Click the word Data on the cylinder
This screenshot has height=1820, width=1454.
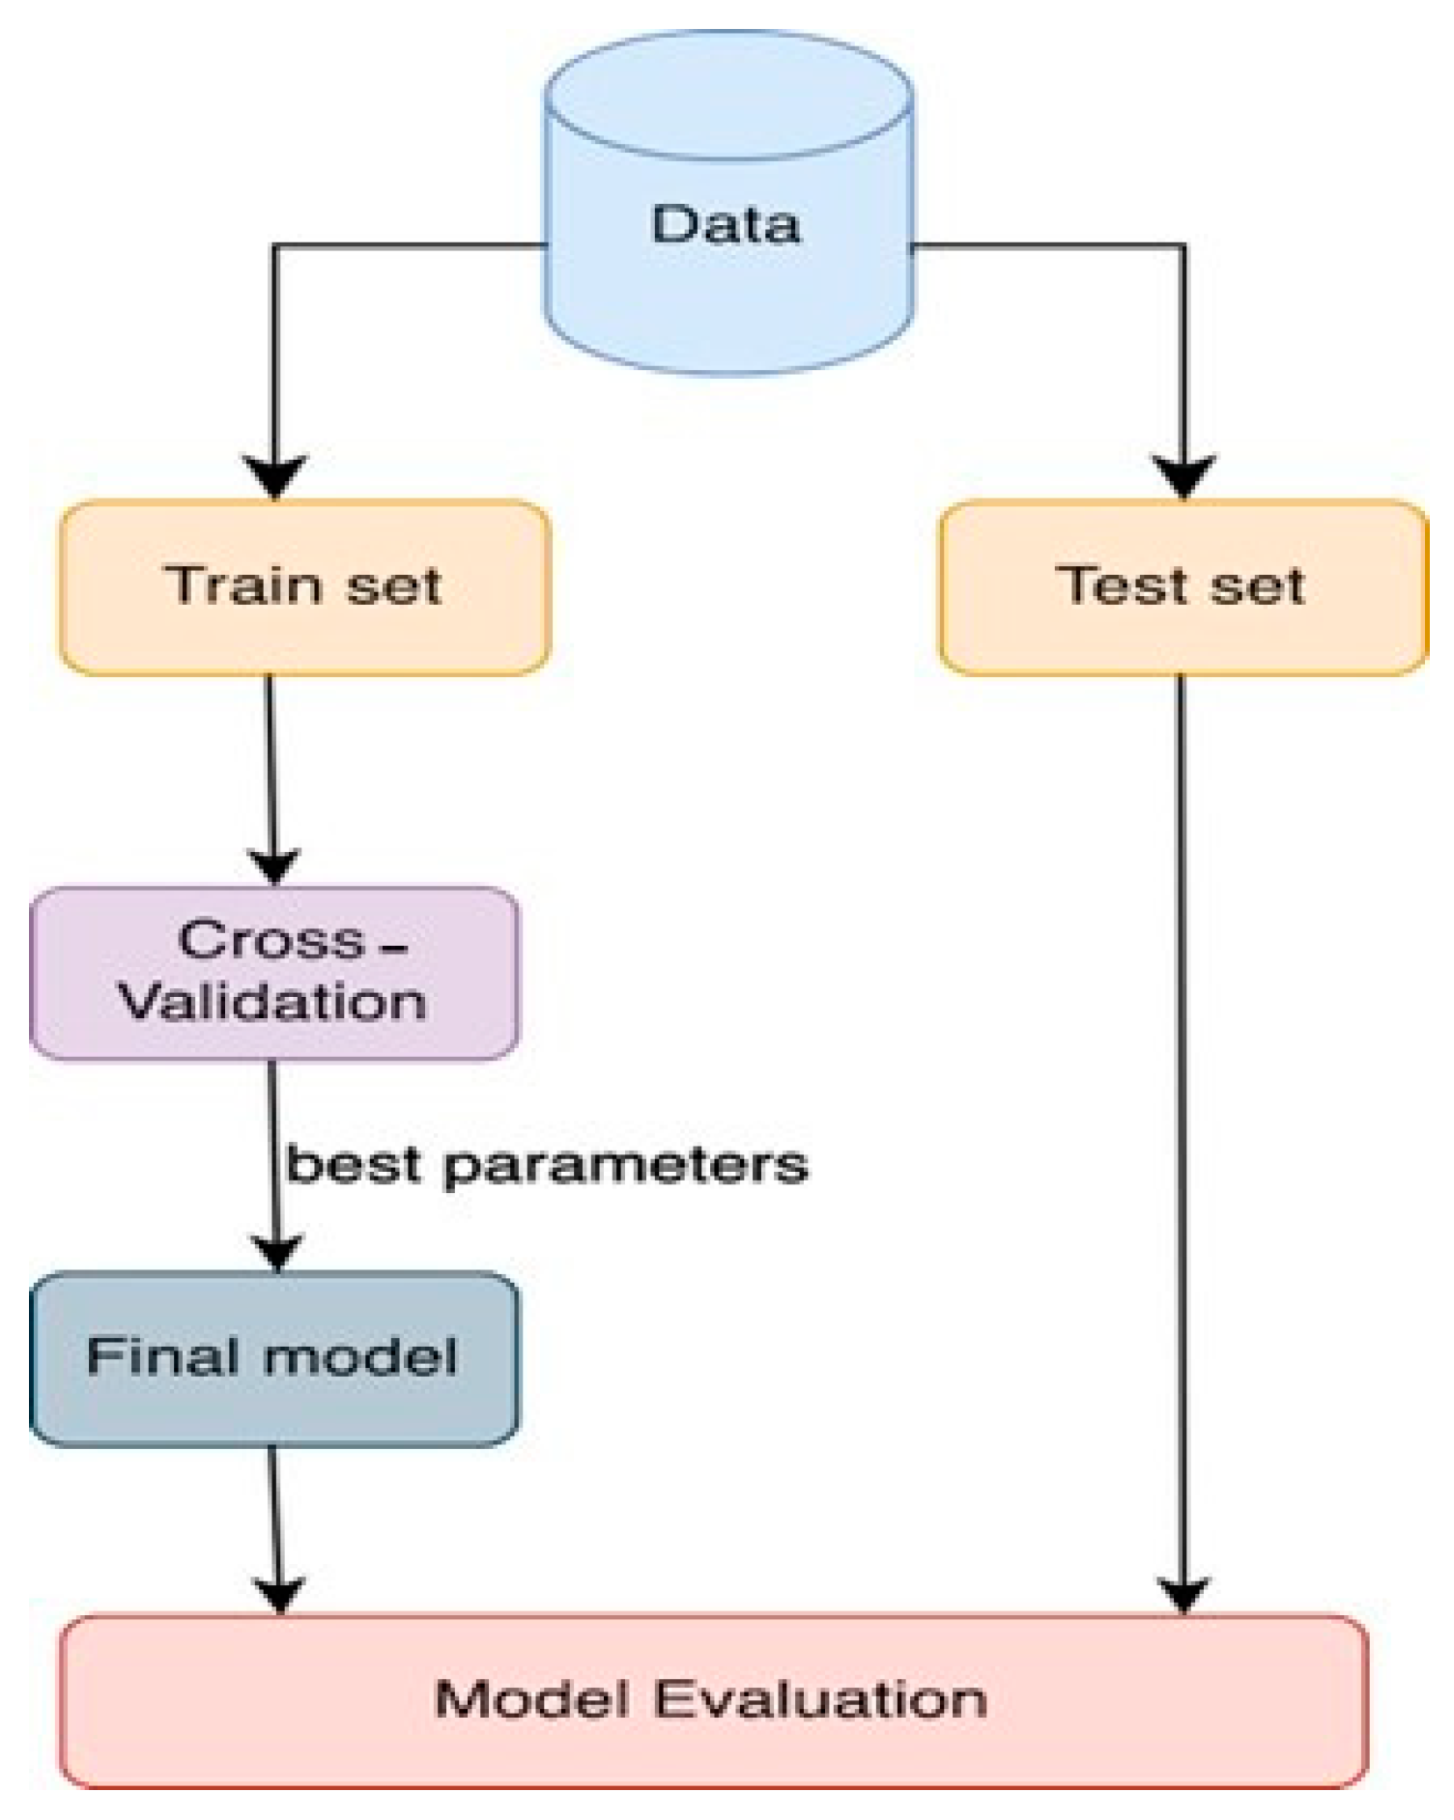tap(726, 224)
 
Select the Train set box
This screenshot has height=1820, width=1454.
tap(304, 586)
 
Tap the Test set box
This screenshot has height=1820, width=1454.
tap(1183, 586)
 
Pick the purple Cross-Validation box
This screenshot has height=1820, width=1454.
tap(273, 973)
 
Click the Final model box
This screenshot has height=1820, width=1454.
tap(273, 1357)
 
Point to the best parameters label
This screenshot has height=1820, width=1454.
tap(547, 1165)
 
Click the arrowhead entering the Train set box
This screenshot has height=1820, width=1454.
tap(275, 477)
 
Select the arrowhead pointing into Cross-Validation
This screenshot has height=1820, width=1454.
tap(274, 865)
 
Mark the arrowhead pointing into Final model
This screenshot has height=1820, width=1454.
tap(276, 1252)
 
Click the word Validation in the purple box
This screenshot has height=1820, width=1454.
tap(272, 1001)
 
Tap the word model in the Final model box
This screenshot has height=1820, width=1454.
tap(360, 1356)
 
